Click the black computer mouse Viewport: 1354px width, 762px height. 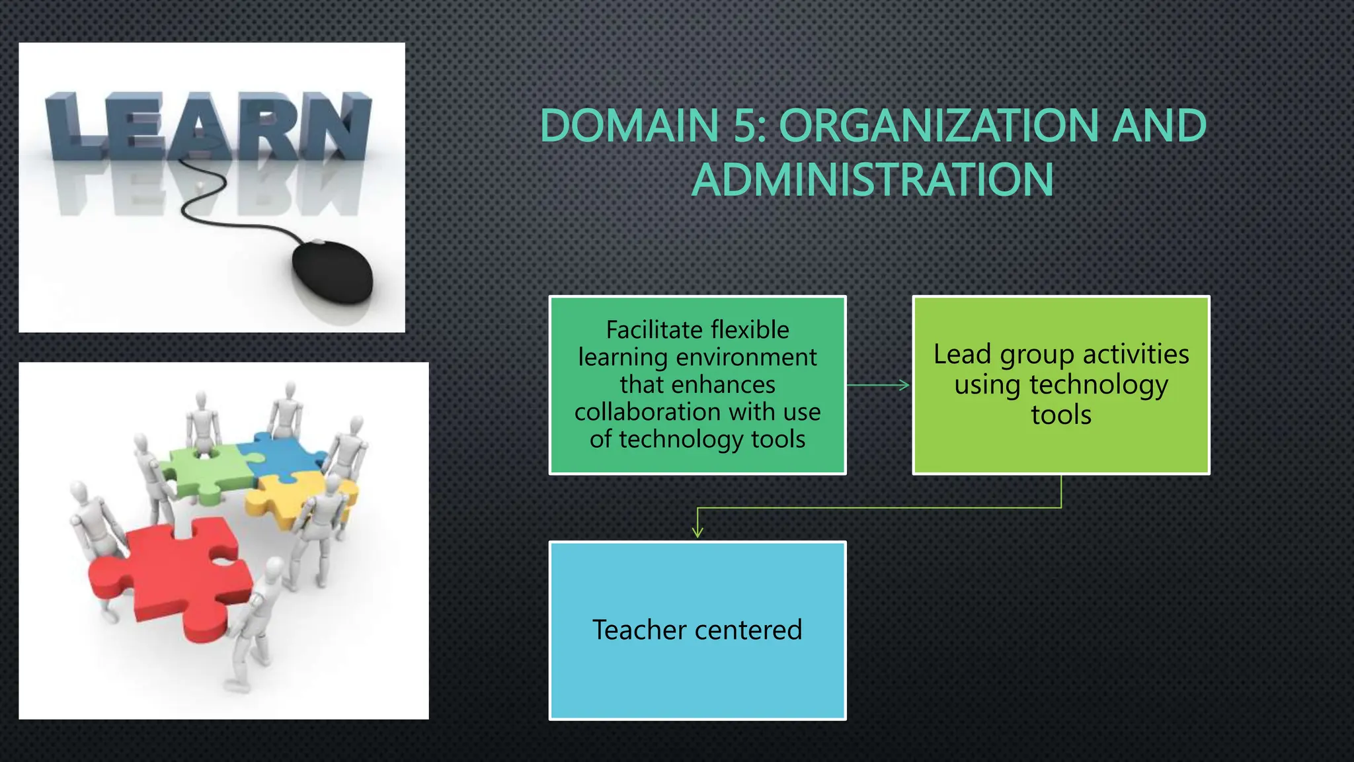click(x=333, y=272)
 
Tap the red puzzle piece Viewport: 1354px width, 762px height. click(x=172, y=575)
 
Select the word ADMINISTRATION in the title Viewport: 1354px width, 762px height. click(x=873, y=180)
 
